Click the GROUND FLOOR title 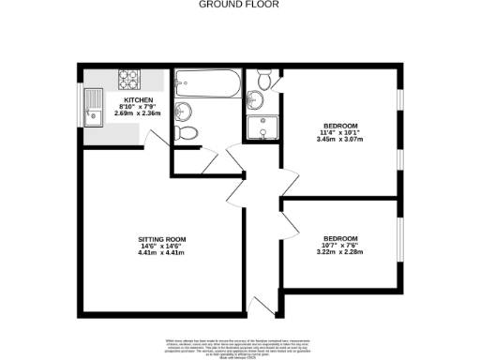(x=239, y=4)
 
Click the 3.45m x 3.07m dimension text (x=340, y=139)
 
